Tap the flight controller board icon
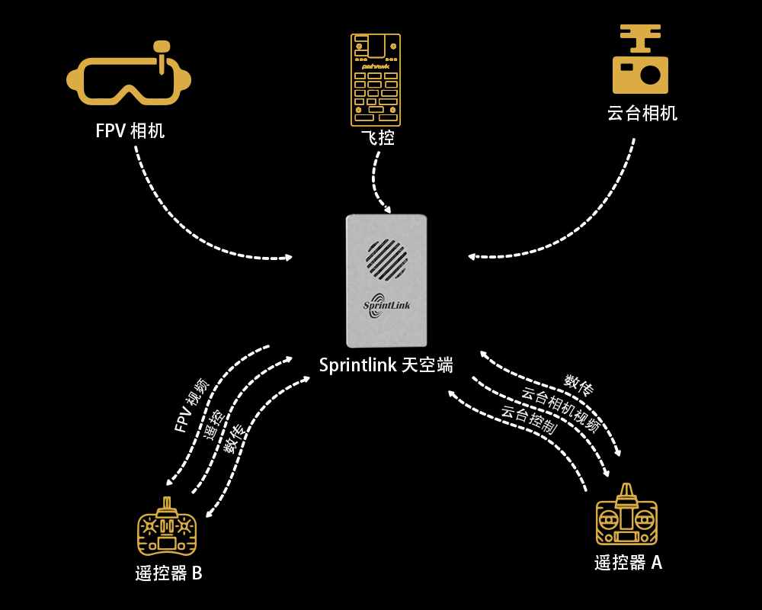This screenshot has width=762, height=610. click(x=376, y=80)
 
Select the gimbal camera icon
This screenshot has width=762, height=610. click(x=640, y=59)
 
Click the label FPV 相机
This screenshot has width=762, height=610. click(x=130, y=131)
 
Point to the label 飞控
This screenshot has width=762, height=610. click(x=378, y=138)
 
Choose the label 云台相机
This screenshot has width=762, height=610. click(x=642, y=113)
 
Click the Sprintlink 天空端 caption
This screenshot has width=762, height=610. click(x=386, y=364)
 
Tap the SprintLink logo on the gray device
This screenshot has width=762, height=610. click(x=386, y=305)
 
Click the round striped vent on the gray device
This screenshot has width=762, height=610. click(x=387, y=259)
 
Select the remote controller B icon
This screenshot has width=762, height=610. click(x=167, y=527)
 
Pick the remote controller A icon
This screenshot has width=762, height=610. click(x=626, y=515)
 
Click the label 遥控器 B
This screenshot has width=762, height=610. click(x=168, y=573)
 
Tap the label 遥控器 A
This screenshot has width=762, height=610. click(x=628, y=562)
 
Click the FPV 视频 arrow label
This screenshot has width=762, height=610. click(x=191, y=405)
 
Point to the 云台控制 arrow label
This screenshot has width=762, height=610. click(x=528, y=419)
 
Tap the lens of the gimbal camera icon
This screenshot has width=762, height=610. click(x=650, y=75)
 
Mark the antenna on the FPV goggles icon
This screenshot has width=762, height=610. click(x=162, y=55)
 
